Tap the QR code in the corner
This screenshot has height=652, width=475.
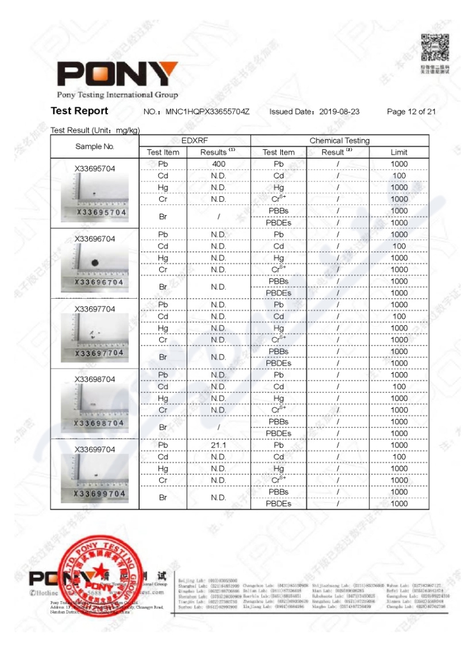tap(435, 47)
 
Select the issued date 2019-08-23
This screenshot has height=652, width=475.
tap(339, 111)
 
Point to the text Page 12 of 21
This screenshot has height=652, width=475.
tap(411, 111)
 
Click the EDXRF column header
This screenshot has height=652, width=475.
tap(195, 140)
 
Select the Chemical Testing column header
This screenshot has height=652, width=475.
tap(339, 140)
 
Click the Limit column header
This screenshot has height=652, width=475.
tap(399, 152)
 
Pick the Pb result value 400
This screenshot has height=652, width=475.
tap(218, 164)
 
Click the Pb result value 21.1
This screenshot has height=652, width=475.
tap(218, 445)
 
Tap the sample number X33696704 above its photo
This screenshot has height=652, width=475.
tap(95, 239)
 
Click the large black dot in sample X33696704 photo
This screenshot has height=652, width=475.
tap(94, 263)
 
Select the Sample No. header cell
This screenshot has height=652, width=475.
tap(95, 146)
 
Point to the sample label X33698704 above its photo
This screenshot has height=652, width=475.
tap(95, 379)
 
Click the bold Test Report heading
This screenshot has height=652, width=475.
tap(80, 111)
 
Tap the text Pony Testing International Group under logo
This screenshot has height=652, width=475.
tap(118, 95)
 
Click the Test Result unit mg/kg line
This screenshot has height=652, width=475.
tap(95, 130)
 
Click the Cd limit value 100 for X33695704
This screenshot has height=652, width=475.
tap(399, 176)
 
